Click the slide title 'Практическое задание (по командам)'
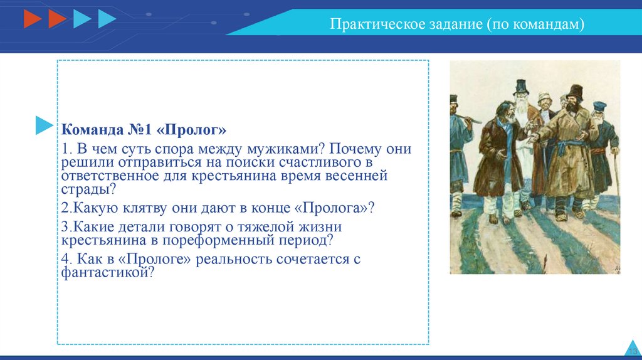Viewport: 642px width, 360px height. pyautogui.click(x=457, y=24)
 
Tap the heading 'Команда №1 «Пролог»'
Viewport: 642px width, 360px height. pyautogui.click(x=144, y=130)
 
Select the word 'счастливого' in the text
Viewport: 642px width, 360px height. pyautogui.click(x=314, y=162)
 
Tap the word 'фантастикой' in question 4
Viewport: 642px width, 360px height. pyautogui.click(x=107, y=272)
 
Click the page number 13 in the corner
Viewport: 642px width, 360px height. pyautogui.click(x=633, y=351)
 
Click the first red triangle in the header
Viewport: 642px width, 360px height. pyautogui.click(x=33, y=19)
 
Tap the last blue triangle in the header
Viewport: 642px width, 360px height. pyautogui.click(x=107, y=19)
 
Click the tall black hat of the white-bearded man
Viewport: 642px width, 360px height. pyautogui.click(x=521, y=87)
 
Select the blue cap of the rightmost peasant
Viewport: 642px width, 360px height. pyautogui.click(x=599, y=107)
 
